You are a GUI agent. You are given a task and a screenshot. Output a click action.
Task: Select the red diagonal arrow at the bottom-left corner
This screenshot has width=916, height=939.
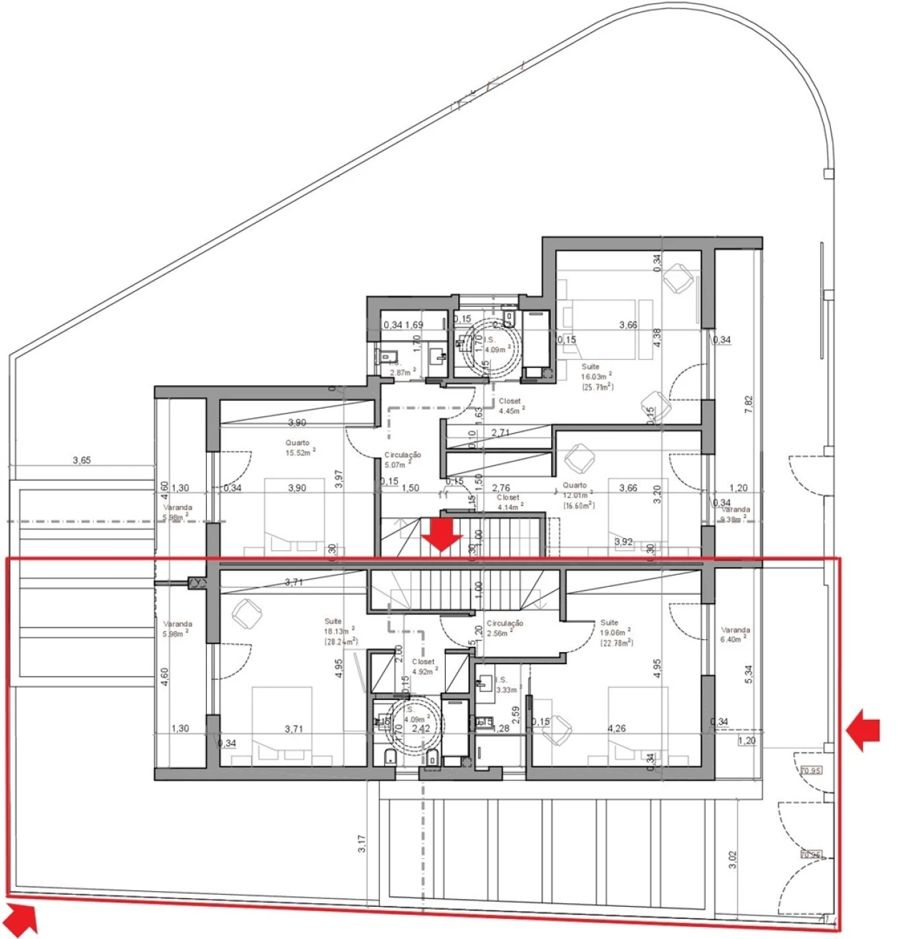point(21,918)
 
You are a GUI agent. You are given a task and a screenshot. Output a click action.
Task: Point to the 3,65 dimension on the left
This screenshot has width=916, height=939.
point(82,461)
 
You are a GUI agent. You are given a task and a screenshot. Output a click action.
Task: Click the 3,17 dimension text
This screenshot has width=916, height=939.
point(363,844)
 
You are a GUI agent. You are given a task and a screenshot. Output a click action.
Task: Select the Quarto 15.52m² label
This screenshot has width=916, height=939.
point(299,448)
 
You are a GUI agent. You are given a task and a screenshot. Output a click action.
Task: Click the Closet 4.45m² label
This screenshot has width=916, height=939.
point(511,406)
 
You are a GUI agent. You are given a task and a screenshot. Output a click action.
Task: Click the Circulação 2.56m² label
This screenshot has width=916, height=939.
point(505,628)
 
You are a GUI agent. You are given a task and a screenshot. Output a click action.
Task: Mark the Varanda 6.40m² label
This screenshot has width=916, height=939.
point(736,634)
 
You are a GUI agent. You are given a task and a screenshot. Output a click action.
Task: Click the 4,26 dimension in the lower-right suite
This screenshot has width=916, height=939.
point(616,729)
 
